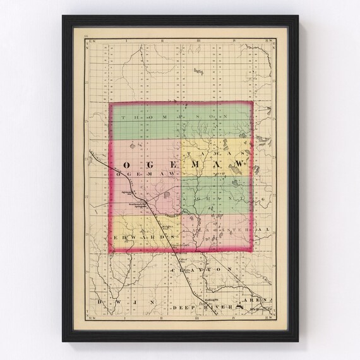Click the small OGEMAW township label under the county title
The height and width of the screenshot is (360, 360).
pyautogui.click(x=136, y=173)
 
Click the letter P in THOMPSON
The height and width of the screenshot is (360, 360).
pyautogui.click(x=183, y=118)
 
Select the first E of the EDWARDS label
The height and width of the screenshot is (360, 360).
pyautogui.click(x=117, y=237)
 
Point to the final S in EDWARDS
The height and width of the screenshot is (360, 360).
pyautogui.click(x=171, y=237)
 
